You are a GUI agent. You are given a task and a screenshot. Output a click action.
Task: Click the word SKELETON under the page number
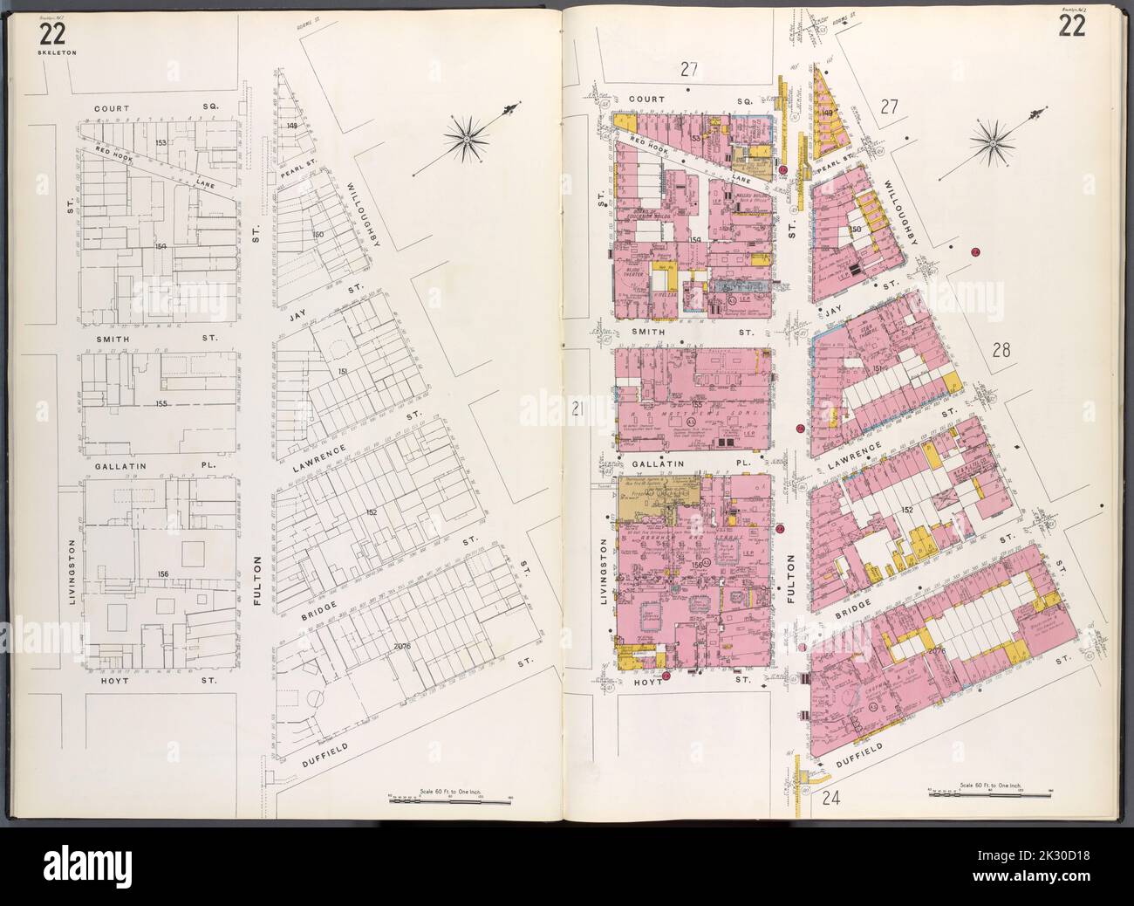click(x=53, y=52)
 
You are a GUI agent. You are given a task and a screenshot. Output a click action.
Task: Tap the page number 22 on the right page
click(x=1072, y=28)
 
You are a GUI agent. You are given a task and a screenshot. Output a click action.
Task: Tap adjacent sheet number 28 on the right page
click(x=1001, y=351)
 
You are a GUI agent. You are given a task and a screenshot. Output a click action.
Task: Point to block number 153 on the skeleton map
click(x=160, y=141)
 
